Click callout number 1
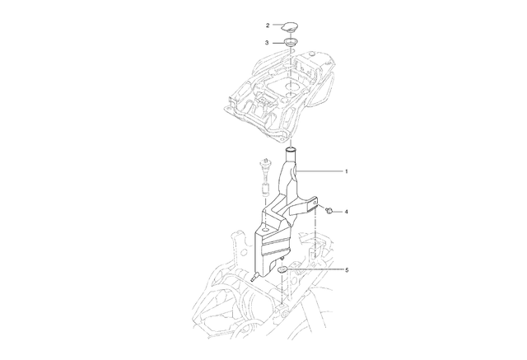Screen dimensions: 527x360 click(347, 171)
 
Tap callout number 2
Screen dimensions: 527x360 click(268, 26)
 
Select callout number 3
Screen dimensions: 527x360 click(267, 43)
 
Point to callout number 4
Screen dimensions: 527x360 click(347, 212)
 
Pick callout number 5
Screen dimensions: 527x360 click(347, 270)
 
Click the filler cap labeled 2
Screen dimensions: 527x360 click(290, 26)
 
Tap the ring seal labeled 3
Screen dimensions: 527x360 click(290, 43)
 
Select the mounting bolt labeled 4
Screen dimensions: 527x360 click(329, 211)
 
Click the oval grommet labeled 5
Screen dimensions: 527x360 click(282, 269)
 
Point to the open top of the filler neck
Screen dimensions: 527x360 click(291, 149)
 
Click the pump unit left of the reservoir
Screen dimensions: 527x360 click(265, 178)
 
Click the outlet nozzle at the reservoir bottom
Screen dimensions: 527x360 click(254, 278)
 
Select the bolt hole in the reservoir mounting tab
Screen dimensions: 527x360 click(315, 203)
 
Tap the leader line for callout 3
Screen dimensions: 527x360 click(278, 43)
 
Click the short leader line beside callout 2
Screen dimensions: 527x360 click(277, 25)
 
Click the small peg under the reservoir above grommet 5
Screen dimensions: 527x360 click(283, 258)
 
